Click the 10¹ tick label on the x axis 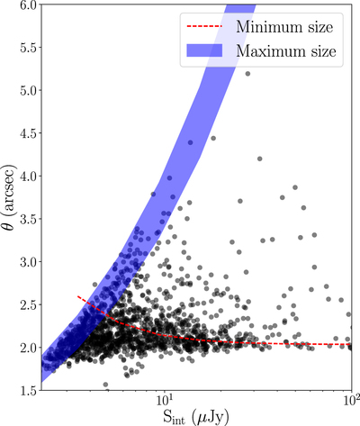164,402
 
